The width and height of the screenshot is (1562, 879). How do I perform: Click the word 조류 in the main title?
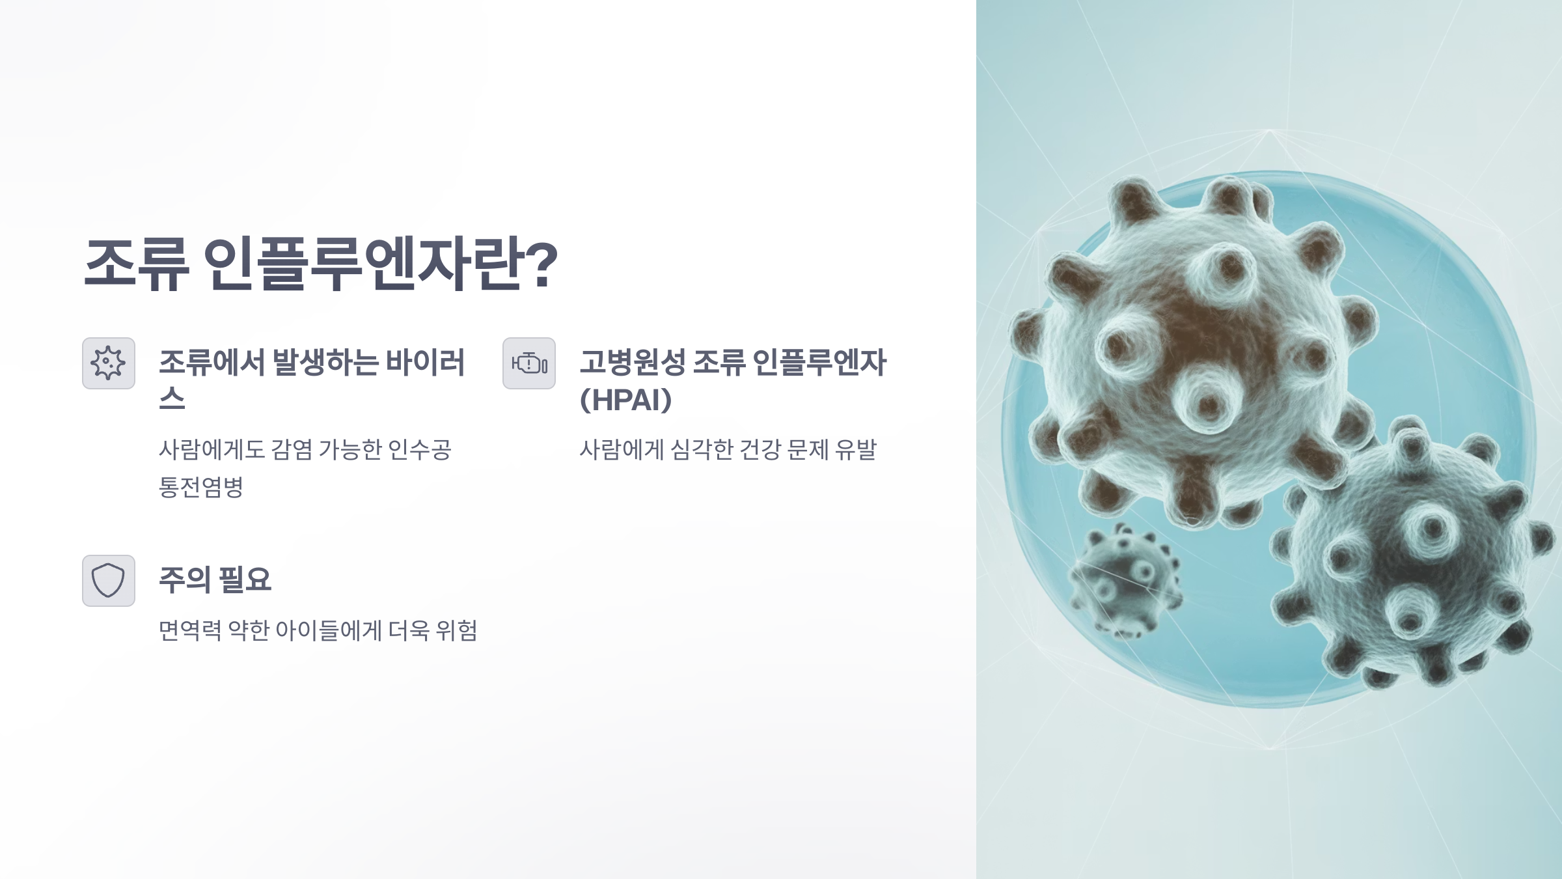point(136,264)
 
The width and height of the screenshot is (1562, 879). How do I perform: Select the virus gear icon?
point(109,363)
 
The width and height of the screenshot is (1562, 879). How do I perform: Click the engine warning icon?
point(529,363)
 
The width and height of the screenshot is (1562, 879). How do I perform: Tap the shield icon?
point(109,581)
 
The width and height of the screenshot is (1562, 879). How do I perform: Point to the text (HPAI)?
point(625,400)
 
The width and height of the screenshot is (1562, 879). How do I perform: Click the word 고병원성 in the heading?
point(632,363)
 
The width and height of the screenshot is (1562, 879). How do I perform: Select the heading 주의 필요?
point(215,579)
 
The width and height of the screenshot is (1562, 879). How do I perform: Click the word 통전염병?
point(201,486)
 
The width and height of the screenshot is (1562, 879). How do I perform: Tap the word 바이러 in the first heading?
point(426,363)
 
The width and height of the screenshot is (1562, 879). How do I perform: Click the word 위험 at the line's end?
point(456,630)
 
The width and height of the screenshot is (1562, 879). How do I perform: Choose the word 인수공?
point(419,449)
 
